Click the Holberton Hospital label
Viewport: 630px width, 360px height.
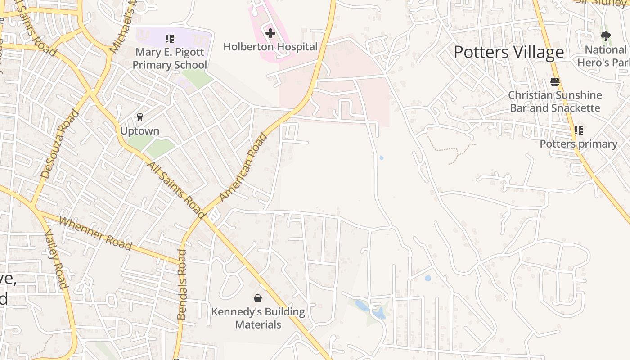point(270,47)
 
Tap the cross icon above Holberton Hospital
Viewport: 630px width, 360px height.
point(270,33)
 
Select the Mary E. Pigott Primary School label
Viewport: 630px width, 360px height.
point(170,58)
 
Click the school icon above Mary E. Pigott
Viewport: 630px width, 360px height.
point(169,39)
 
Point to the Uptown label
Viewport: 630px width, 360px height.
point(139,131)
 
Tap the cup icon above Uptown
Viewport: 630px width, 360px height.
point(139,117)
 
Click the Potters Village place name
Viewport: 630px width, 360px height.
point(508,52)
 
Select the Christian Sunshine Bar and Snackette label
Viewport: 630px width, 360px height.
point(555,102)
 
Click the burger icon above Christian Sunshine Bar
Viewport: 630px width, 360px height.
point(555,82)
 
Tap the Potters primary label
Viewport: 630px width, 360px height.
point(578,144)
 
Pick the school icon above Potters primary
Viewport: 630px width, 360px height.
point(578,130)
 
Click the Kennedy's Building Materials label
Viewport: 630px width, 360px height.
point(258,318)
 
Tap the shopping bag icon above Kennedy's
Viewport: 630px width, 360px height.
point(258,298)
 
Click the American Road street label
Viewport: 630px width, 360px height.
point(243,167)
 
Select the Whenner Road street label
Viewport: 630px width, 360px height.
point(95,234)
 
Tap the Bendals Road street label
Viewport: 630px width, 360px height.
point(181,284)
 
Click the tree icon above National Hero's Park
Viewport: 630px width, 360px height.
point(605,36)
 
